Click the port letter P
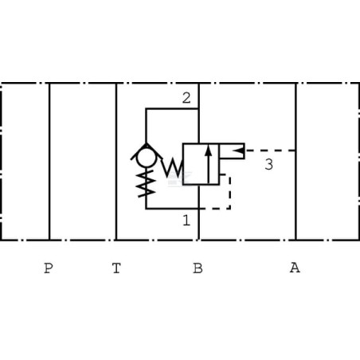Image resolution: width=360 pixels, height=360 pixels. click(x=48, y=268)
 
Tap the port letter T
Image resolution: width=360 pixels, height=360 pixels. click(x=116, y=268)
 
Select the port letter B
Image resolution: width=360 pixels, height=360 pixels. click(x=198, y=268)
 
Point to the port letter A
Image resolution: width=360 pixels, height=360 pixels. click(x=295, y=268)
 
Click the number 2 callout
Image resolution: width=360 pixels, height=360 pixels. click(x=186, y=98)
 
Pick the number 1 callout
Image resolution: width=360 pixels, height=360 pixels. click(x=186, y=220)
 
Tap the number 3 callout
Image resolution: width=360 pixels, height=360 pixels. click(x=268, y=164)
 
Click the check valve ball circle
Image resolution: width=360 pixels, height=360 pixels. click(x=146, y=157)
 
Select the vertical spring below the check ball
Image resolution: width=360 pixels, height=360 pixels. click(x=146, y=183)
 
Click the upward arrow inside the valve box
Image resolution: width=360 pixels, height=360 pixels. click(x=209, y=164)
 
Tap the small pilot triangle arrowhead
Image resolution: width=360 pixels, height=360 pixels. click(x=238, y=151)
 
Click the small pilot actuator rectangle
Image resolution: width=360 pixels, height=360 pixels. click(x=232, y=151)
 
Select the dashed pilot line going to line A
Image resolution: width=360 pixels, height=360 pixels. click(x=270, y=151)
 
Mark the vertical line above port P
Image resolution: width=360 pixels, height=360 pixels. click(x=49, y=162)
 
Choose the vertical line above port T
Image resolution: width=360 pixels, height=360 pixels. click(x=116, y=162)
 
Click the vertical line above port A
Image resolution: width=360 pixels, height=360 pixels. click(x=295, y=162)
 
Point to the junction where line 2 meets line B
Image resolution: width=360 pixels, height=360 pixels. click(x=198, y=108)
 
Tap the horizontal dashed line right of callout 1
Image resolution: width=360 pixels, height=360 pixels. click(x=214, y=209)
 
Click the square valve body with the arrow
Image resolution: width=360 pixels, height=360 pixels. click(x=201, y=164)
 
